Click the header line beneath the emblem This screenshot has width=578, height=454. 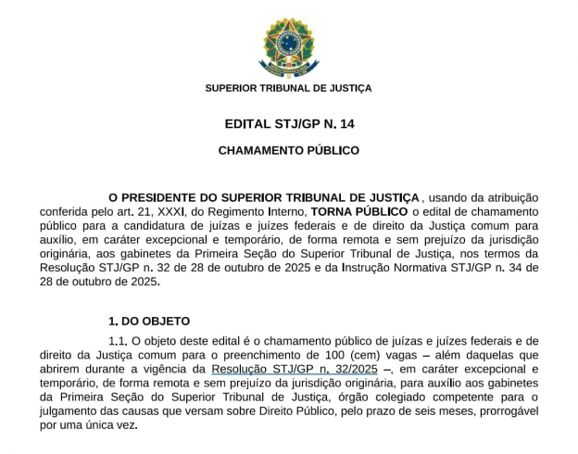point(288,88)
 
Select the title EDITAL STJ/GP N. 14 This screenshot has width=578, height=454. point(289,123)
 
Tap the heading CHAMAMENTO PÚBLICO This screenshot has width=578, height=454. point(289,149)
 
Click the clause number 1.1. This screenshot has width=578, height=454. point(118,341)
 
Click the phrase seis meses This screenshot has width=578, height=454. point(455,410)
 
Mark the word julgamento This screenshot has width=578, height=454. point(75,410)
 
